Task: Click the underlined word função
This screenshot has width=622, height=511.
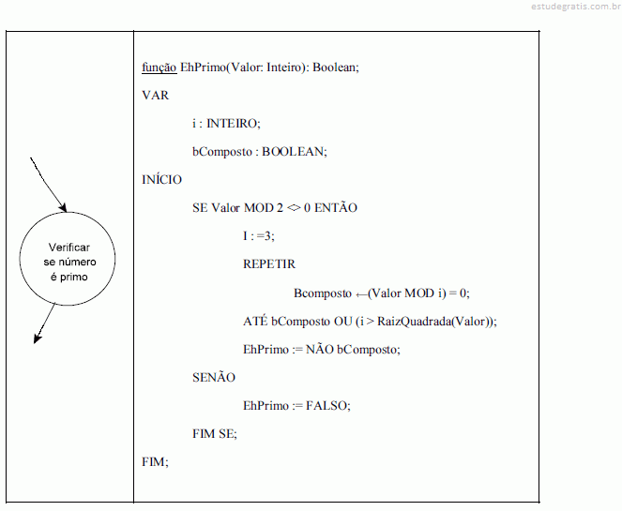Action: click(159, 68)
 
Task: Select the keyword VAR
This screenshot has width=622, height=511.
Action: click(156, 96)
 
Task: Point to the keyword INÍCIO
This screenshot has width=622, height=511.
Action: click(162, 180)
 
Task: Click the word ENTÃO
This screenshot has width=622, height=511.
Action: click(336, 207)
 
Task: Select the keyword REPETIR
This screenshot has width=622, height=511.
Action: click(269, 264)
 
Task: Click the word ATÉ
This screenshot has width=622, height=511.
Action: click(255, 321)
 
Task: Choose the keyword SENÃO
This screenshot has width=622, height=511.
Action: click(214, 377)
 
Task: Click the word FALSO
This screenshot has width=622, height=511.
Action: click(326, 406)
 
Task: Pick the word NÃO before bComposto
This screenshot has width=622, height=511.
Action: click(320, 349)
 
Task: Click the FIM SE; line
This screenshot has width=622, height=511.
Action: click(215, 434)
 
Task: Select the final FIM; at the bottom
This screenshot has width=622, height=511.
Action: click(155, 462)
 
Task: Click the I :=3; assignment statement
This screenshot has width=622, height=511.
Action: click(259, 236)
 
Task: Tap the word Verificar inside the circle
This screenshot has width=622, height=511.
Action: click(69, 248)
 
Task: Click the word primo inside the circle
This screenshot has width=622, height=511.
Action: click(74, 278)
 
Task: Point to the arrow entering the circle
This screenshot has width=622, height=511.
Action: click(49, 185)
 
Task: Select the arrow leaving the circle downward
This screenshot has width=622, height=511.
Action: click(44, 323)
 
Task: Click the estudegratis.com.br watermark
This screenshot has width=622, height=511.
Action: click(576, 7)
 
